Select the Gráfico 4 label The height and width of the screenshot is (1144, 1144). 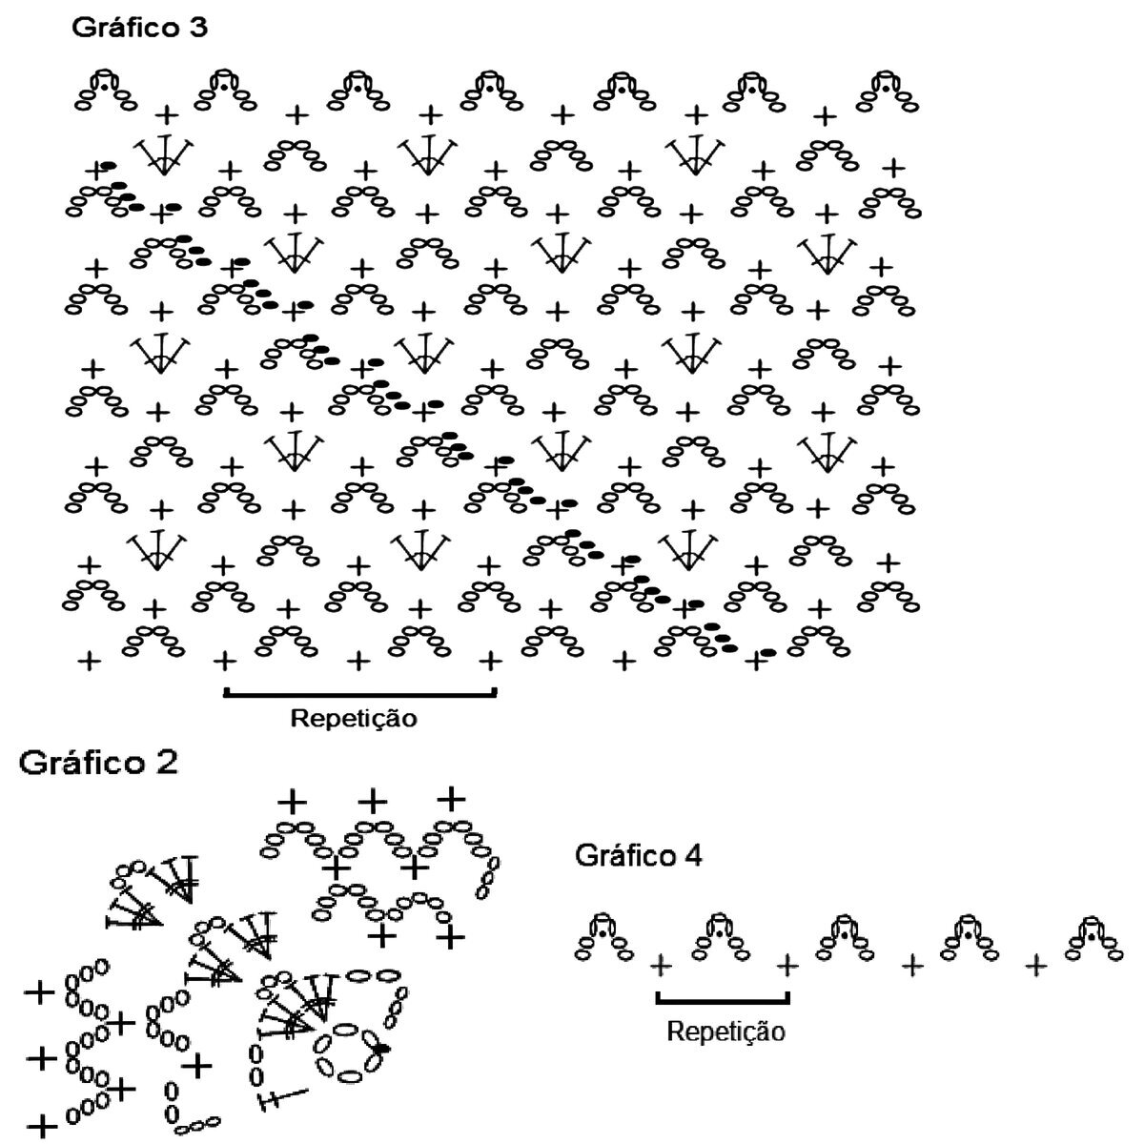tap(639, 856)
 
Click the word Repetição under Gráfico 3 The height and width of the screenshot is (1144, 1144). tap(354, 718)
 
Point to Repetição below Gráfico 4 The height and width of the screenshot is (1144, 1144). tap(725, 1031)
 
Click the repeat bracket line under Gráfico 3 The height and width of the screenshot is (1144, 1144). tap(359, 693)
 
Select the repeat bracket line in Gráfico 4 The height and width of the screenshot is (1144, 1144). tap(723, 1000)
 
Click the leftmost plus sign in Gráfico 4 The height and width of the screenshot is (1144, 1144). tap(659, 967)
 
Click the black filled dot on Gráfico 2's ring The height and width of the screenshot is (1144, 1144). tap(382, 1049)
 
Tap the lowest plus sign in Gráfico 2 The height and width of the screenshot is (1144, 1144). tap(40, 1125)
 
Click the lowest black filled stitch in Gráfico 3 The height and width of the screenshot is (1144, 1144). tap(767, 653)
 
